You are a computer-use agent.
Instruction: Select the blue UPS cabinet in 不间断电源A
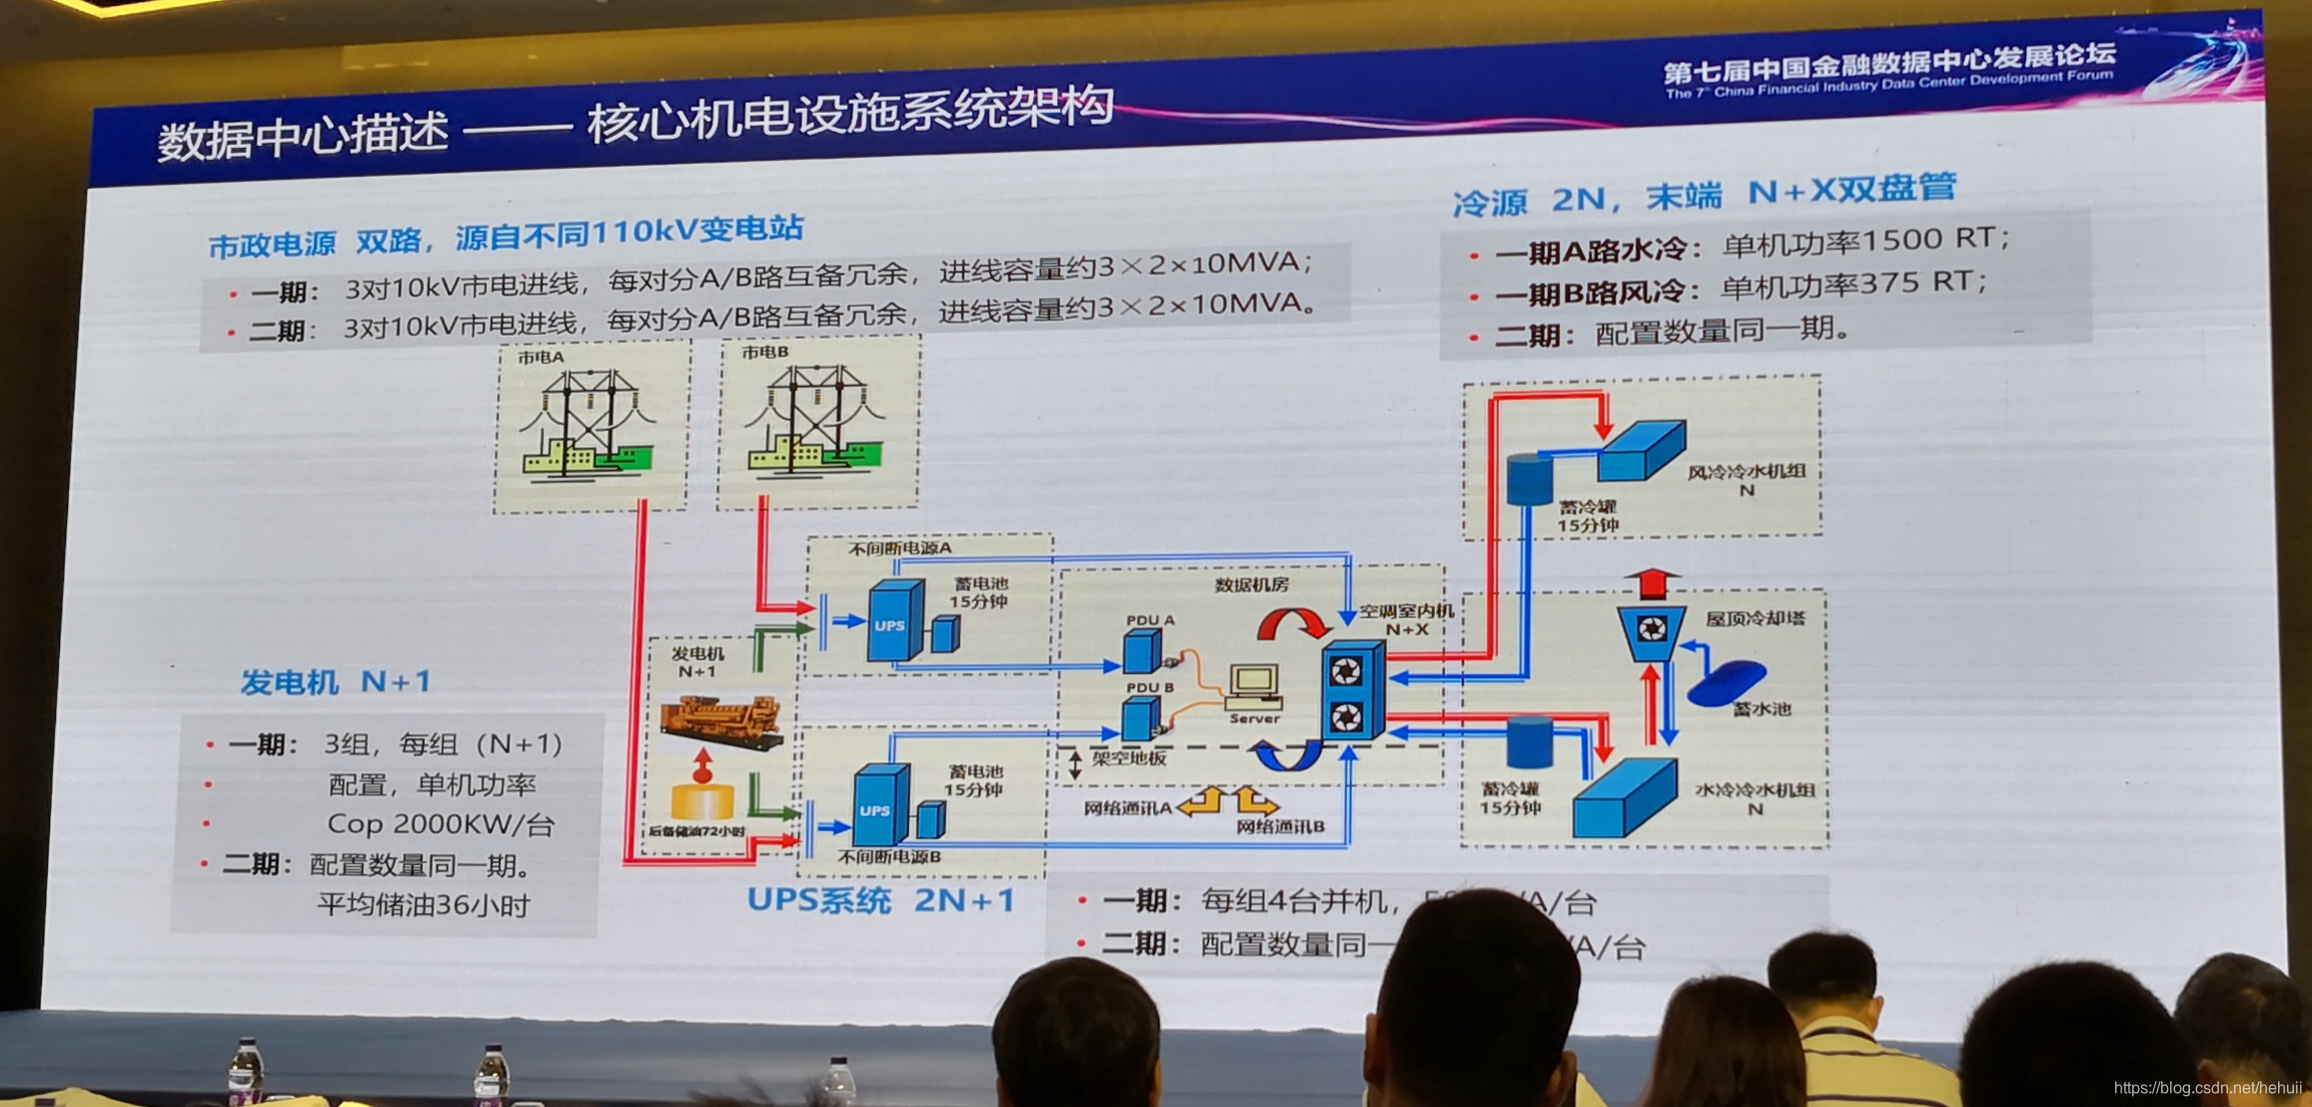click(893, 621)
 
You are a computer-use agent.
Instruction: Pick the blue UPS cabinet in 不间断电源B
click(879, 805)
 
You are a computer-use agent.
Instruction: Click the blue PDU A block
click(1141, 652)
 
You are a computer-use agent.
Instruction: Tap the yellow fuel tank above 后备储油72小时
click(702, 799)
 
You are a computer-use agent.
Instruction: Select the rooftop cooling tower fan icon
click(1652, 629)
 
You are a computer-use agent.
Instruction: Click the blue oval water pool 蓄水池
click(1726, 681)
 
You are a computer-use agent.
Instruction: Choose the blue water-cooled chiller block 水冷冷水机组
click(1625, 797)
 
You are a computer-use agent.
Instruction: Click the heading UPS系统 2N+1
click(880, 900)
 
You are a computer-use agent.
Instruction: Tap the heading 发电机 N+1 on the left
click(335, 682)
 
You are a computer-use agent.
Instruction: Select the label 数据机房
click(1251, 584)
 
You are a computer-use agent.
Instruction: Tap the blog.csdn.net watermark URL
click(2207, 1088)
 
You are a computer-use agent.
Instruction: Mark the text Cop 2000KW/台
click(440, 825)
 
